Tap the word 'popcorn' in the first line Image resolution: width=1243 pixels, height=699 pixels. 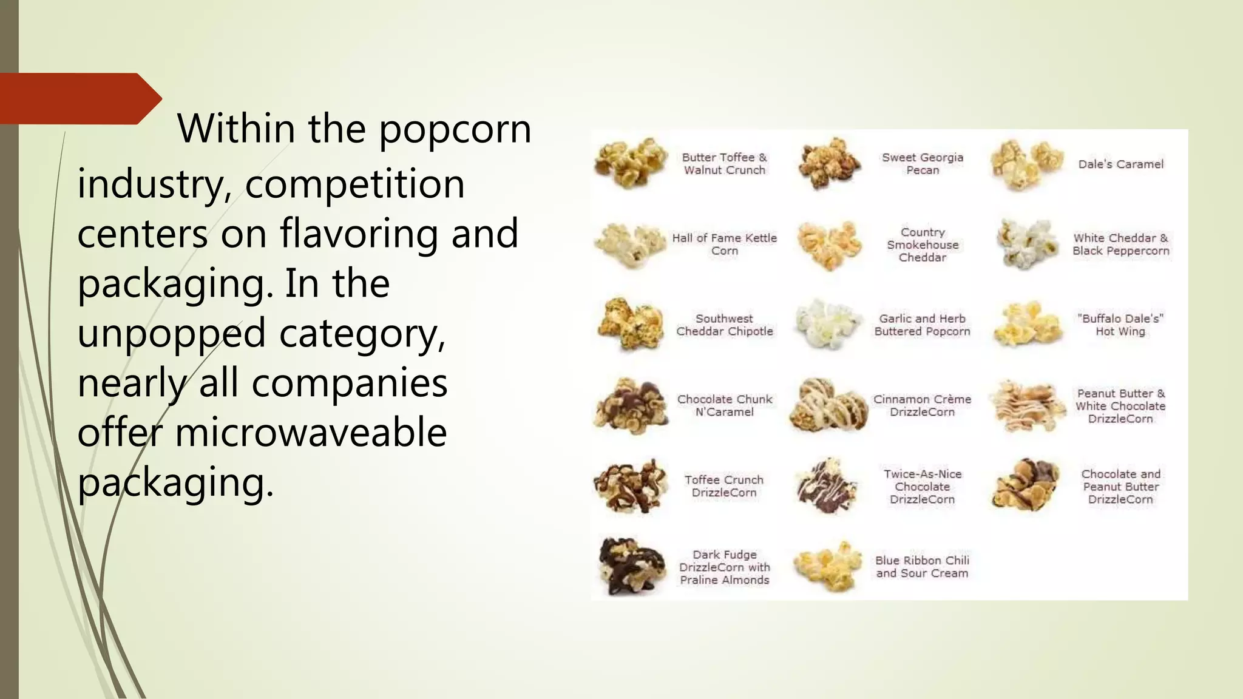pos(455,129)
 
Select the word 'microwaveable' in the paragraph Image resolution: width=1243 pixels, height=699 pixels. pos(311,433)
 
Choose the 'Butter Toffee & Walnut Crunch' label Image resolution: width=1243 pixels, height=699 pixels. pos(724,164)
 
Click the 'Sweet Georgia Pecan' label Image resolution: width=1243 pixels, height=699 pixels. pos(923,164)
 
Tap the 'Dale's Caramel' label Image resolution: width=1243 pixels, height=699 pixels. pos(1120,164)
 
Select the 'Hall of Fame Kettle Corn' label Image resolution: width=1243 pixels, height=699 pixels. pos(724,244)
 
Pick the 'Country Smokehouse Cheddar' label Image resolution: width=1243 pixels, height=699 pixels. pos(923,245)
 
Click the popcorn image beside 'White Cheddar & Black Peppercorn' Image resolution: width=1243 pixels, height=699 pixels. pos(1026,244)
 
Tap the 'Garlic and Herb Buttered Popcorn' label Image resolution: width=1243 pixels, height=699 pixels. pos(922,325)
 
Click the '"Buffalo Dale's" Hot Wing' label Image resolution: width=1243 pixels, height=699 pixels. pos(1120,325)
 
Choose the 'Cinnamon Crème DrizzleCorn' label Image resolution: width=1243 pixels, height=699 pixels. pos(922,405)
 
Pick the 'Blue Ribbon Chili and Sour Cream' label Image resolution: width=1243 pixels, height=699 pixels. pos(922,567)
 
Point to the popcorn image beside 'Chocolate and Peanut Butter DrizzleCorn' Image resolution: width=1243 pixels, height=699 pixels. pos(1026,485)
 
